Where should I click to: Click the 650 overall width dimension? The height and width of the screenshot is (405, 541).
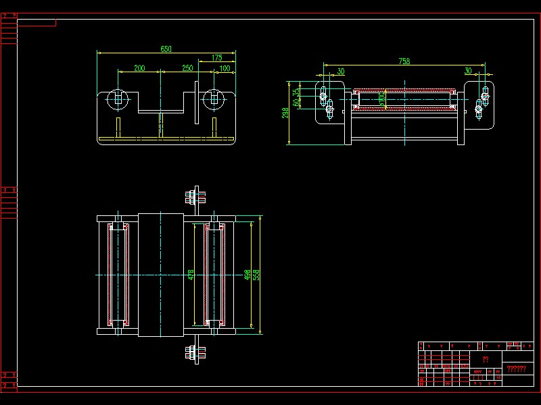166,49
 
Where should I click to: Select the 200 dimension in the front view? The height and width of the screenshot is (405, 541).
139,68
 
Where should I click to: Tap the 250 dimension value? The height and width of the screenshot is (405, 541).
187,68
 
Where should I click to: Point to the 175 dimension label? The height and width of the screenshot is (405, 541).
216,58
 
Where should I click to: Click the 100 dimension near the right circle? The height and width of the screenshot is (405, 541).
225,68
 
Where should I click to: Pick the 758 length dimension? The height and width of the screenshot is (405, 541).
404,61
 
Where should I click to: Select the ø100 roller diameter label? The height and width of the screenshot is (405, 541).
382,100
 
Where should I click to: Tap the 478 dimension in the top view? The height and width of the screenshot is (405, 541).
191,275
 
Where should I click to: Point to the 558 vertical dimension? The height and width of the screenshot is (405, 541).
256,275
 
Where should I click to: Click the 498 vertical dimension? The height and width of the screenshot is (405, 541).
248,275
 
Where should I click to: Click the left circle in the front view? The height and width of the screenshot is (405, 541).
118,99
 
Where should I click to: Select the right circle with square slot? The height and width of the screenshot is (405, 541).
214,99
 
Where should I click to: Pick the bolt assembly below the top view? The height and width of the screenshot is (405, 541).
196,352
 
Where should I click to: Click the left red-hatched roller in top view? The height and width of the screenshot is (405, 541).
118,275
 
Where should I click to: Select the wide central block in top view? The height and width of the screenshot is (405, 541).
161,275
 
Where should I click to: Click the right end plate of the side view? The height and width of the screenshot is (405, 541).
479,103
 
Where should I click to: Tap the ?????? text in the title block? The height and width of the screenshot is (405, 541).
516,369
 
